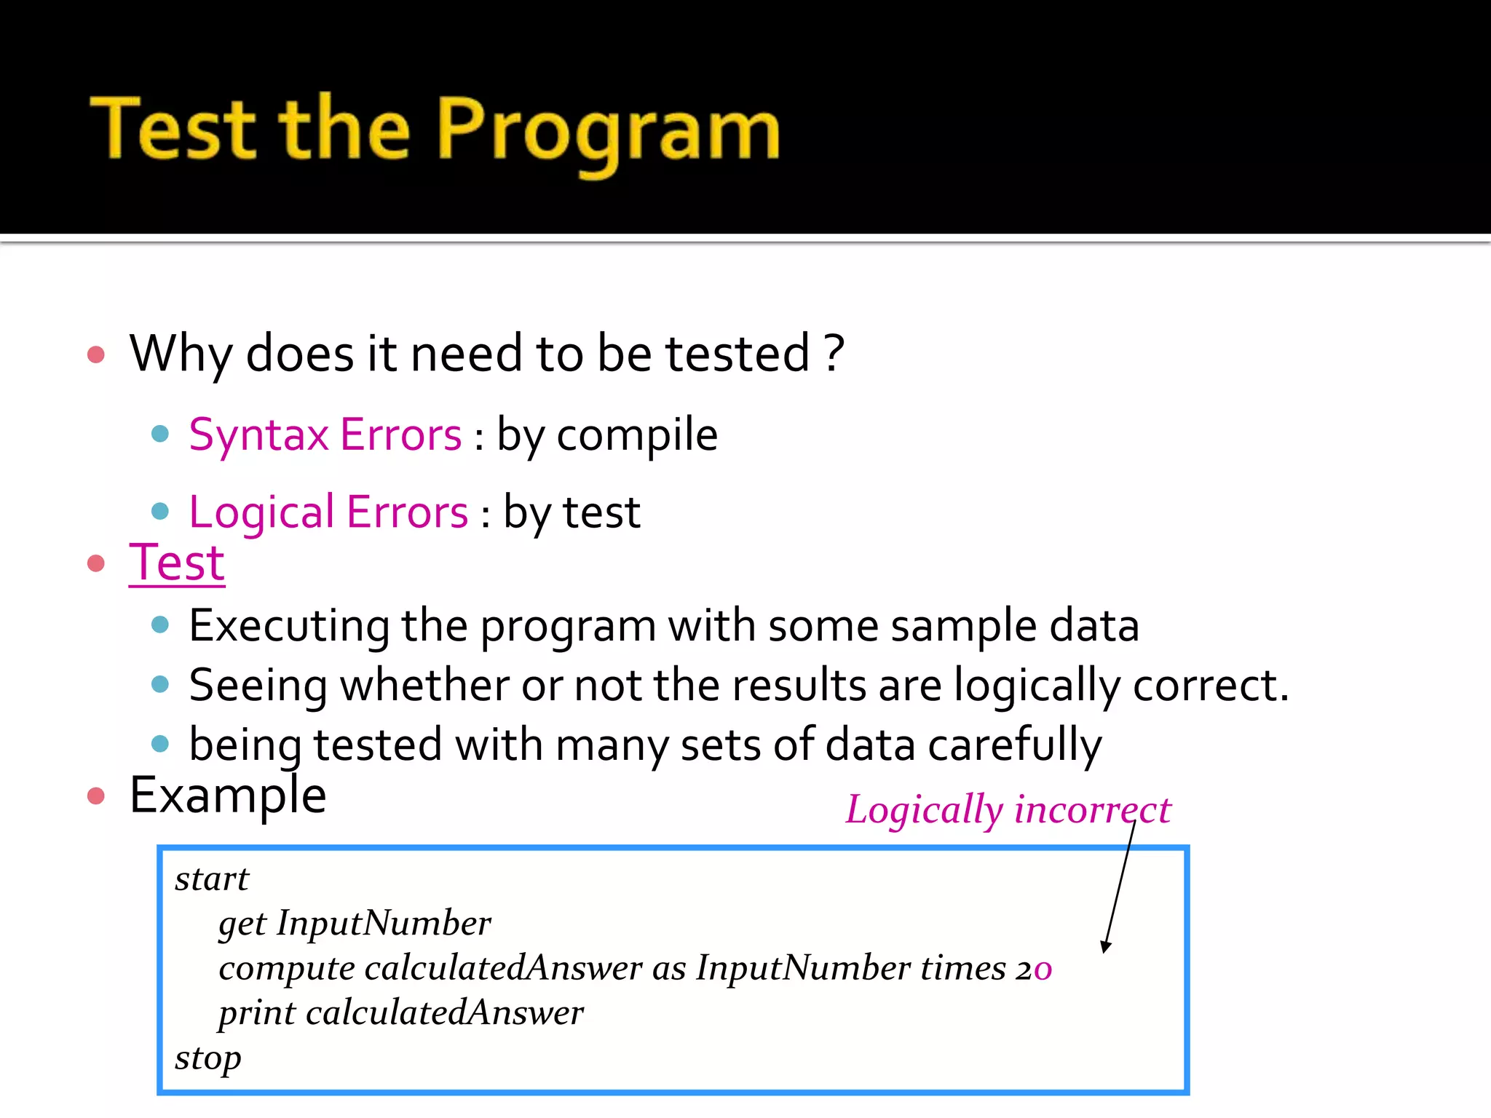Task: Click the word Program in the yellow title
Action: [x=608, y=131]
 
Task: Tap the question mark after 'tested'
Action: [x=834, y=354]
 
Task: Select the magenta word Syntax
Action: [x=258, y=435]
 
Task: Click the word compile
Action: [x=637, y=435]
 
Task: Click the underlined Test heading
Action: [x=177, y=563]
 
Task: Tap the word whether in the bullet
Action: [x=424, y=686]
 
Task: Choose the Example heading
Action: [x=228, y=795]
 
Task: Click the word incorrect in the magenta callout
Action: [x=1092, y=809]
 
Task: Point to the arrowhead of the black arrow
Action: [x=1105, y=947]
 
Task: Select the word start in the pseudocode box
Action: [x=211, y=879]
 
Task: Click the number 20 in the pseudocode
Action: [x=1034, y=969]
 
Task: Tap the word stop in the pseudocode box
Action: [x=207, y=1058]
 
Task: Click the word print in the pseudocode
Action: [x=256, y=1013]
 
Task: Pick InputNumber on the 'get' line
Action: [x=384, y=923]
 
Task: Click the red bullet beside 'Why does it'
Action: [x=96, y=355]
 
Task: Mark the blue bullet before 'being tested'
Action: [x=160, y=744]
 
